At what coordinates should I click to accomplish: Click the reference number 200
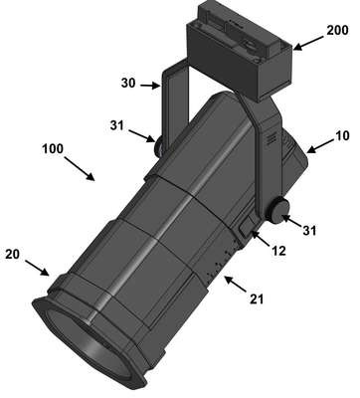337,30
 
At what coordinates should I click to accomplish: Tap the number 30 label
128,83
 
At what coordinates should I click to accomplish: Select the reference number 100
53,148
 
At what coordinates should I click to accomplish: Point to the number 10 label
342,135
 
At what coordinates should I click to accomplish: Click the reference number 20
12,254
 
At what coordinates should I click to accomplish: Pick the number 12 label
278,251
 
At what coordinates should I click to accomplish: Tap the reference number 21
257,299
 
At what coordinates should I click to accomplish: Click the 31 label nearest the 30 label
116,125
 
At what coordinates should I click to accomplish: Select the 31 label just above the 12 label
309,230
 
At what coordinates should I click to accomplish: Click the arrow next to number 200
308,43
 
